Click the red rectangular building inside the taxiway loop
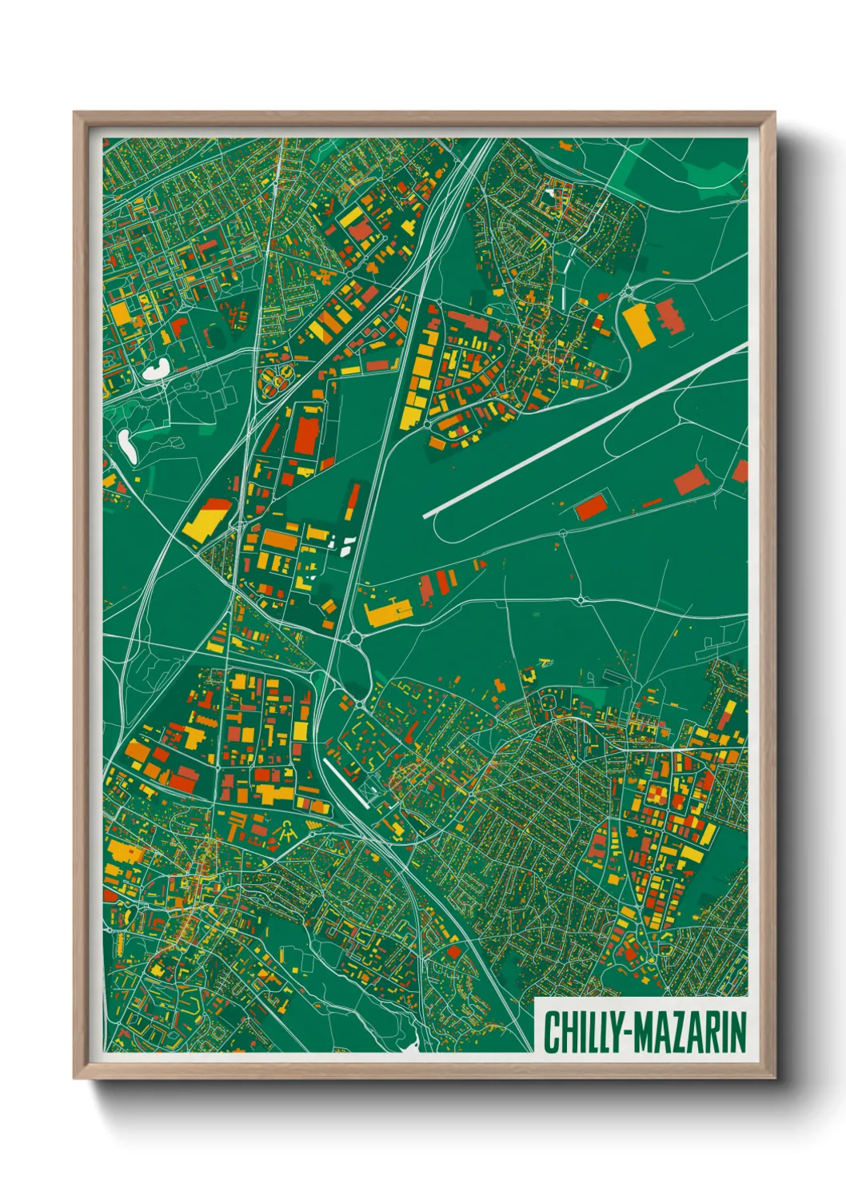[591, 507]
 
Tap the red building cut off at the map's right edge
[740, 472]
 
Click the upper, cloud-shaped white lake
[155, 369]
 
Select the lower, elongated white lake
[126, 444]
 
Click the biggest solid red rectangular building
[306, 436]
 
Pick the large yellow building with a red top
[206, 519]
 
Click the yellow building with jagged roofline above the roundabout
[385, 613]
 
